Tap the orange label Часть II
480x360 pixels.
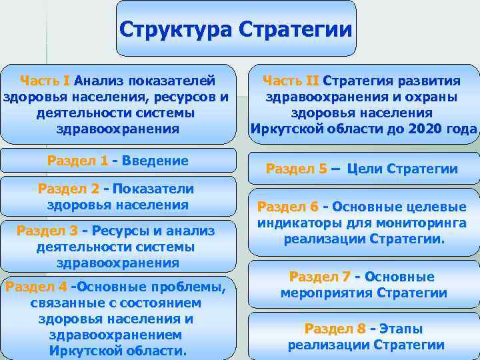[291, 81]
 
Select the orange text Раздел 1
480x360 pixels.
[77, 161]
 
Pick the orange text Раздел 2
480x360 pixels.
[68, 189]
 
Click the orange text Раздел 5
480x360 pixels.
[296, 169]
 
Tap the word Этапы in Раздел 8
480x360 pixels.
[402, 329]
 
